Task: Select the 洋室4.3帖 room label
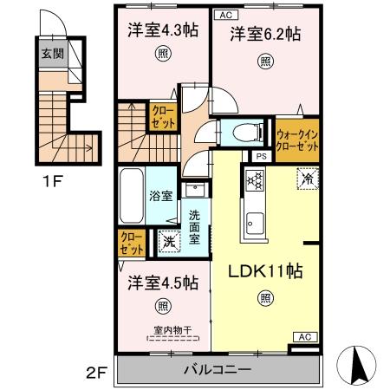[163, 30]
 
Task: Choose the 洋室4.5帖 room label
[163, 283]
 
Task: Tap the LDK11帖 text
[264, 271]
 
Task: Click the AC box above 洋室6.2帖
[225, 15]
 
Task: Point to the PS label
[260, 156]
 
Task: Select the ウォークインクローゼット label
[296, 140]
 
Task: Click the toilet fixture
[245, 133]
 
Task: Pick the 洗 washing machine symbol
[166, 242]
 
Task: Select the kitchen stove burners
[256, 181]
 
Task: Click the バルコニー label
[217, 370]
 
